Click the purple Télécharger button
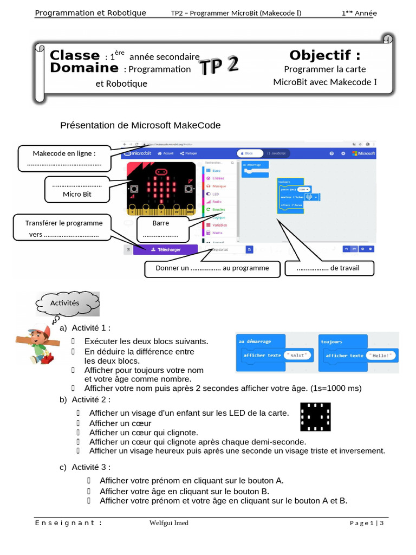(x=165, y=249)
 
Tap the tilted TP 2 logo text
(x=218, y=66)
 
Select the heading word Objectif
(x=324, y=55)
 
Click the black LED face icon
(x=315, y=417)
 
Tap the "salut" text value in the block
(x=298, y=355)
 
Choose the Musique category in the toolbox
(x=219, y=186)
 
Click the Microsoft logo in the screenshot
(x=363, y=153)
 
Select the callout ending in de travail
(x=328, y=268)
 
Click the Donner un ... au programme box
(x=212, y=268)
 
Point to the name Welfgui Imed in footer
(x=169, y=523)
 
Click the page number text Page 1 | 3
(x=367, y=523)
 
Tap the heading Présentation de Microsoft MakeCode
(x=140, y=125)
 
